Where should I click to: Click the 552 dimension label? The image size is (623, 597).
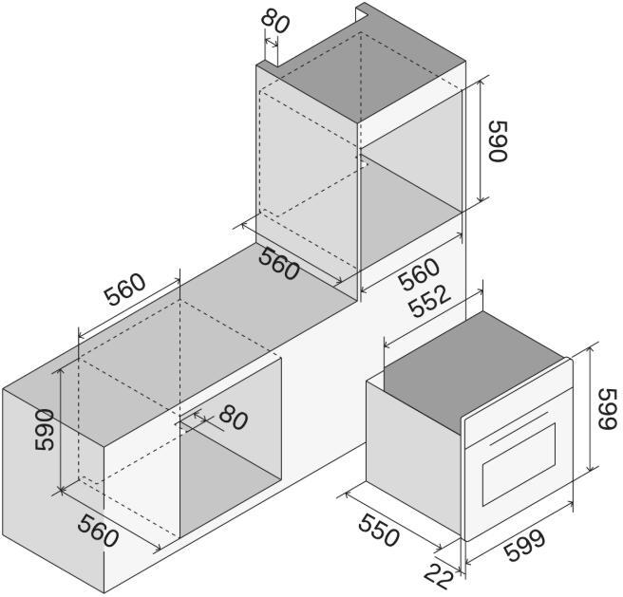point(430,302)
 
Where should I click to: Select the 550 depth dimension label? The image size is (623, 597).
point(378,530)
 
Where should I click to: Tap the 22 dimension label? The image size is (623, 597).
point(439,576)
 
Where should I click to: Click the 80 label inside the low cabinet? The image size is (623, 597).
point(234,418)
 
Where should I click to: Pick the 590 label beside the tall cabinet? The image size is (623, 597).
point(498,141)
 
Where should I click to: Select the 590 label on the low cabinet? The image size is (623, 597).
point(44,430)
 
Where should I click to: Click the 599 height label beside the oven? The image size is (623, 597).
point(608,409)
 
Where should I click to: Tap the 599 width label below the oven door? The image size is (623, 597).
point(524,545)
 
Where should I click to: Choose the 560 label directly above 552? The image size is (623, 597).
point(419,274)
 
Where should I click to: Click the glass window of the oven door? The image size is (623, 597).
point(519,465)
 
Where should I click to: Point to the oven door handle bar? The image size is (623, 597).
point(519,428)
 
